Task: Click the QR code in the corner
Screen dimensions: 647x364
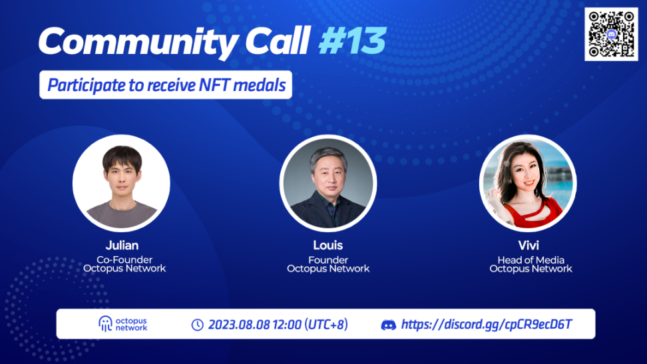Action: [x=611, y=34]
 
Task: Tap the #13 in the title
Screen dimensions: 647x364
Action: [x=352, y=41]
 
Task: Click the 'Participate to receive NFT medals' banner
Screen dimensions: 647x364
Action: [x=166, y=85]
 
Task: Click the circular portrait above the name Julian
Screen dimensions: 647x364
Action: [x=121, y=183]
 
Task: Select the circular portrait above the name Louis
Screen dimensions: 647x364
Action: [x=328, y=183]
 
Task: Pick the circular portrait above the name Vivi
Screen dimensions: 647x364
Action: [x=528, y=183]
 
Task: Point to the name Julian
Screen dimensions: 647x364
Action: [x=122, y=245]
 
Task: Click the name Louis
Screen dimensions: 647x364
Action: [x=328, y=245]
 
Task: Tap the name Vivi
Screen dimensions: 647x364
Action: [x=529, y=245]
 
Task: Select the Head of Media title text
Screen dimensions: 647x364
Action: [x=531, y=260]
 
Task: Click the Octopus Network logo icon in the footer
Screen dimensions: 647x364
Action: [x=105, y=324]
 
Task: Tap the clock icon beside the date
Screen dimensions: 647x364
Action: [x=197, y=325]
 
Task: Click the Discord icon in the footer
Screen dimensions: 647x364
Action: [x=388, y=325]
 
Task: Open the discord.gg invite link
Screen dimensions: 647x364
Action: [x=487, y=325]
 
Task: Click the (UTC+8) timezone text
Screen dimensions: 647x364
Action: [x=326, y=325]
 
